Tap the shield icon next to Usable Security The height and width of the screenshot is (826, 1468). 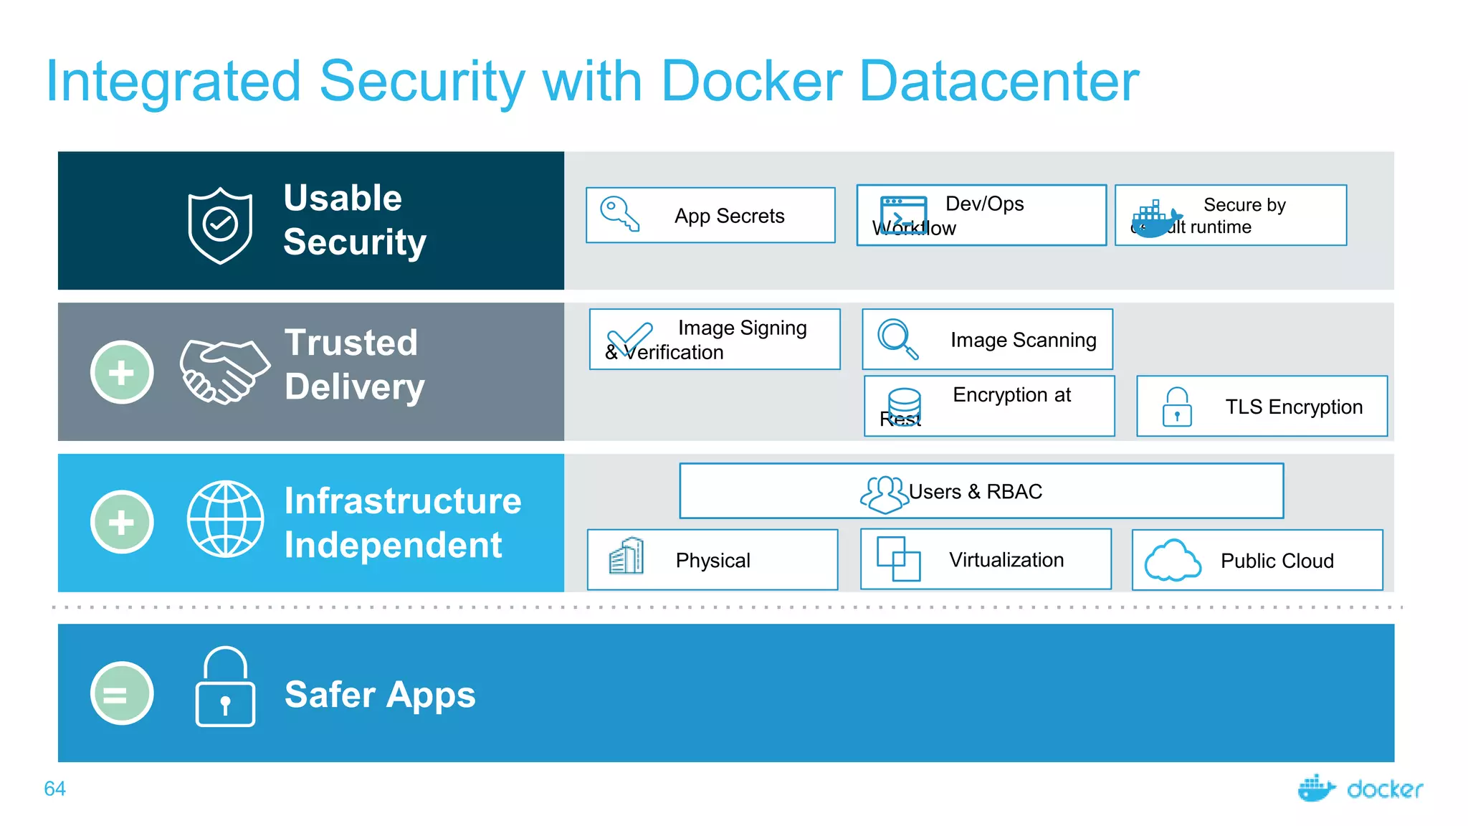click(x=220, y=225)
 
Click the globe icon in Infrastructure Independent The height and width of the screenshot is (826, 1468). click(x=225, y=518)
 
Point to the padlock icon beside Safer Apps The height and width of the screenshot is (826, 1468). click(x=225, y=687)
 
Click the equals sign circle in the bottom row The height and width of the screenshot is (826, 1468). click(x=122, y=693)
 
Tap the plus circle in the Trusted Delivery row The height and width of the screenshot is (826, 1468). click(x=122, y=372)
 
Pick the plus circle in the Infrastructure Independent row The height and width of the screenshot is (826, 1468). click(x=122, y=522)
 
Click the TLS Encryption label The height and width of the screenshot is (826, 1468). click(x=1293, y=407)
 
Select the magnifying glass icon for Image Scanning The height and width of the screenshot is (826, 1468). click(x=897, y=338)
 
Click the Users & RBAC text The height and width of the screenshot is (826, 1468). click(x=975, y=492)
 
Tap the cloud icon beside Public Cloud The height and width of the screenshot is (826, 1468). click(x=1172, y=560)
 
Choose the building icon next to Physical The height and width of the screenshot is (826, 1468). click(x=626, y=556)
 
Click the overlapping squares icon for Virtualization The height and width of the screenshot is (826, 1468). click(x=898, y=559)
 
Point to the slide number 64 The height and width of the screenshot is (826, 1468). click(x=54, y=789)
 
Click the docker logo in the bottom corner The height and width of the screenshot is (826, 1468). click(x=1360, y=788)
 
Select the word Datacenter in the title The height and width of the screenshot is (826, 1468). click(x=998, y=81)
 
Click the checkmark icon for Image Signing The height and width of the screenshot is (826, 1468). click(x=630, y=338)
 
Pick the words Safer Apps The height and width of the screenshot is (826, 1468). click(x=380, y=694)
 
